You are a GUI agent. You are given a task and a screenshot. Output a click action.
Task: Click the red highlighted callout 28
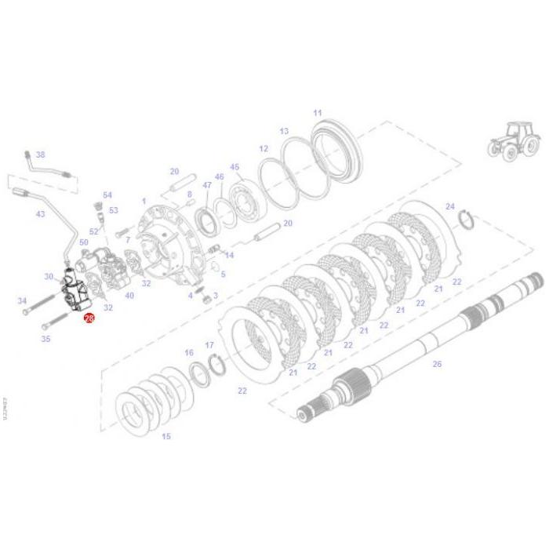89,318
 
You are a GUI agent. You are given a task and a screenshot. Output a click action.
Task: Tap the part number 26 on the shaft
437,363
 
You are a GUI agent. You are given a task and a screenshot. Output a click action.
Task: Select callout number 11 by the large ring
318,113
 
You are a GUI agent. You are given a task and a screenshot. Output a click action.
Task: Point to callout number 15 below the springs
165,436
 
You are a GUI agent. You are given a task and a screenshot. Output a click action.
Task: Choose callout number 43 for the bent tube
41,214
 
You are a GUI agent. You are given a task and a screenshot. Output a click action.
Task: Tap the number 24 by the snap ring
449,206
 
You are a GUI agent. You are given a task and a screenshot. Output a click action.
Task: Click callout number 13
284,131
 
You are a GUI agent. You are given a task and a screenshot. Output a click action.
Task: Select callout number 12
264,148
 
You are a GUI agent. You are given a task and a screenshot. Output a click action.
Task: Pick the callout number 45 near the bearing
235,167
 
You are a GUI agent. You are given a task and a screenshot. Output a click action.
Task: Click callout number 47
207,185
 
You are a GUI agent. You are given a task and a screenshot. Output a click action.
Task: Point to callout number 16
189,353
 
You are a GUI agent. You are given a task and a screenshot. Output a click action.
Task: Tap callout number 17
209,345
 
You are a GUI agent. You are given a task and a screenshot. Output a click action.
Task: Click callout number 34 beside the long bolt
23,301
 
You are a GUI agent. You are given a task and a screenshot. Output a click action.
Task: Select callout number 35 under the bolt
45,339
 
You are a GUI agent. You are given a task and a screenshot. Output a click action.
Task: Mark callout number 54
107,195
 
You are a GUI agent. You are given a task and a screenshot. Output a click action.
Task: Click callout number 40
129,296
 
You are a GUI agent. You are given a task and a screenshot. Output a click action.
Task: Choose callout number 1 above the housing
144,201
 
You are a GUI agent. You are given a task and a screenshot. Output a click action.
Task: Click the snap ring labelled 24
465,221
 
